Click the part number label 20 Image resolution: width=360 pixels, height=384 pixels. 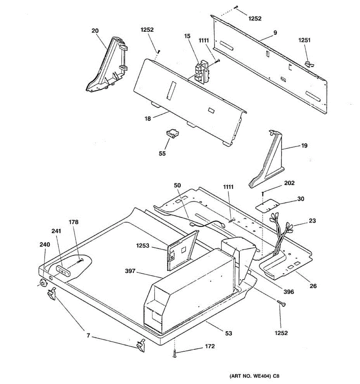pyautogui.click(x=95, y=31)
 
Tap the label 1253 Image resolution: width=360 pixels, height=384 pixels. pyautogui.click(x=142, y=246)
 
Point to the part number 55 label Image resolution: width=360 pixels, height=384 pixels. pyautogui.click(x=162, y=153)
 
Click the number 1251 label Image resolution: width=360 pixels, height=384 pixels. pyautogui.click(x=304, y=40)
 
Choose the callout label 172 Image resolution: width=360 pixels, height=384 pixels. pyautogui.click(x=210, y=347)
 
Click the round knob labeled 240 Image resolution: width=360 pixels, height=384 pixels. pyautogui.click(x=42, y=283)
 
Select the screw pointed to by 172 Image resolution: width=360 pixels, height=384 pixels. pyautogui.click(x=174, y=354)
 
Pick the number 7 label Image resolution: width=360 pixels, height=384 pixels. pyautogui.click(x=88, y=336)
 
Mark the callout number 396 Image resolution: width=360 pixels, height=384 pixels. pyautogui.click(x=288, y=292)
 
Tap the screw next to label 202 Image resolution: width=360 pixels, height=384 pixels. pyautogui.click(x=262, y=193)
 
